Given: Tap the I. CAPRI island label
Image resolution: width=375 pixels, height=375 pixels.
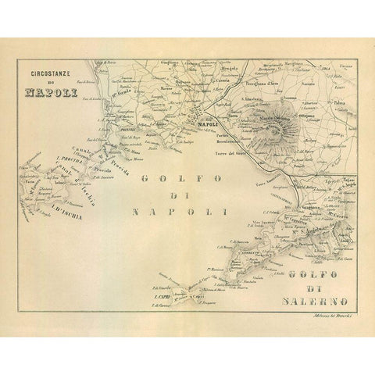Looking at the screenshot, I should coord(162,298).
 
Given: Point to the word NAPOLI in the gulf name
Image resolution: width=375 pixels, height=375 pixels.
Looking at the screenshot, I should coord(181,211).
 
